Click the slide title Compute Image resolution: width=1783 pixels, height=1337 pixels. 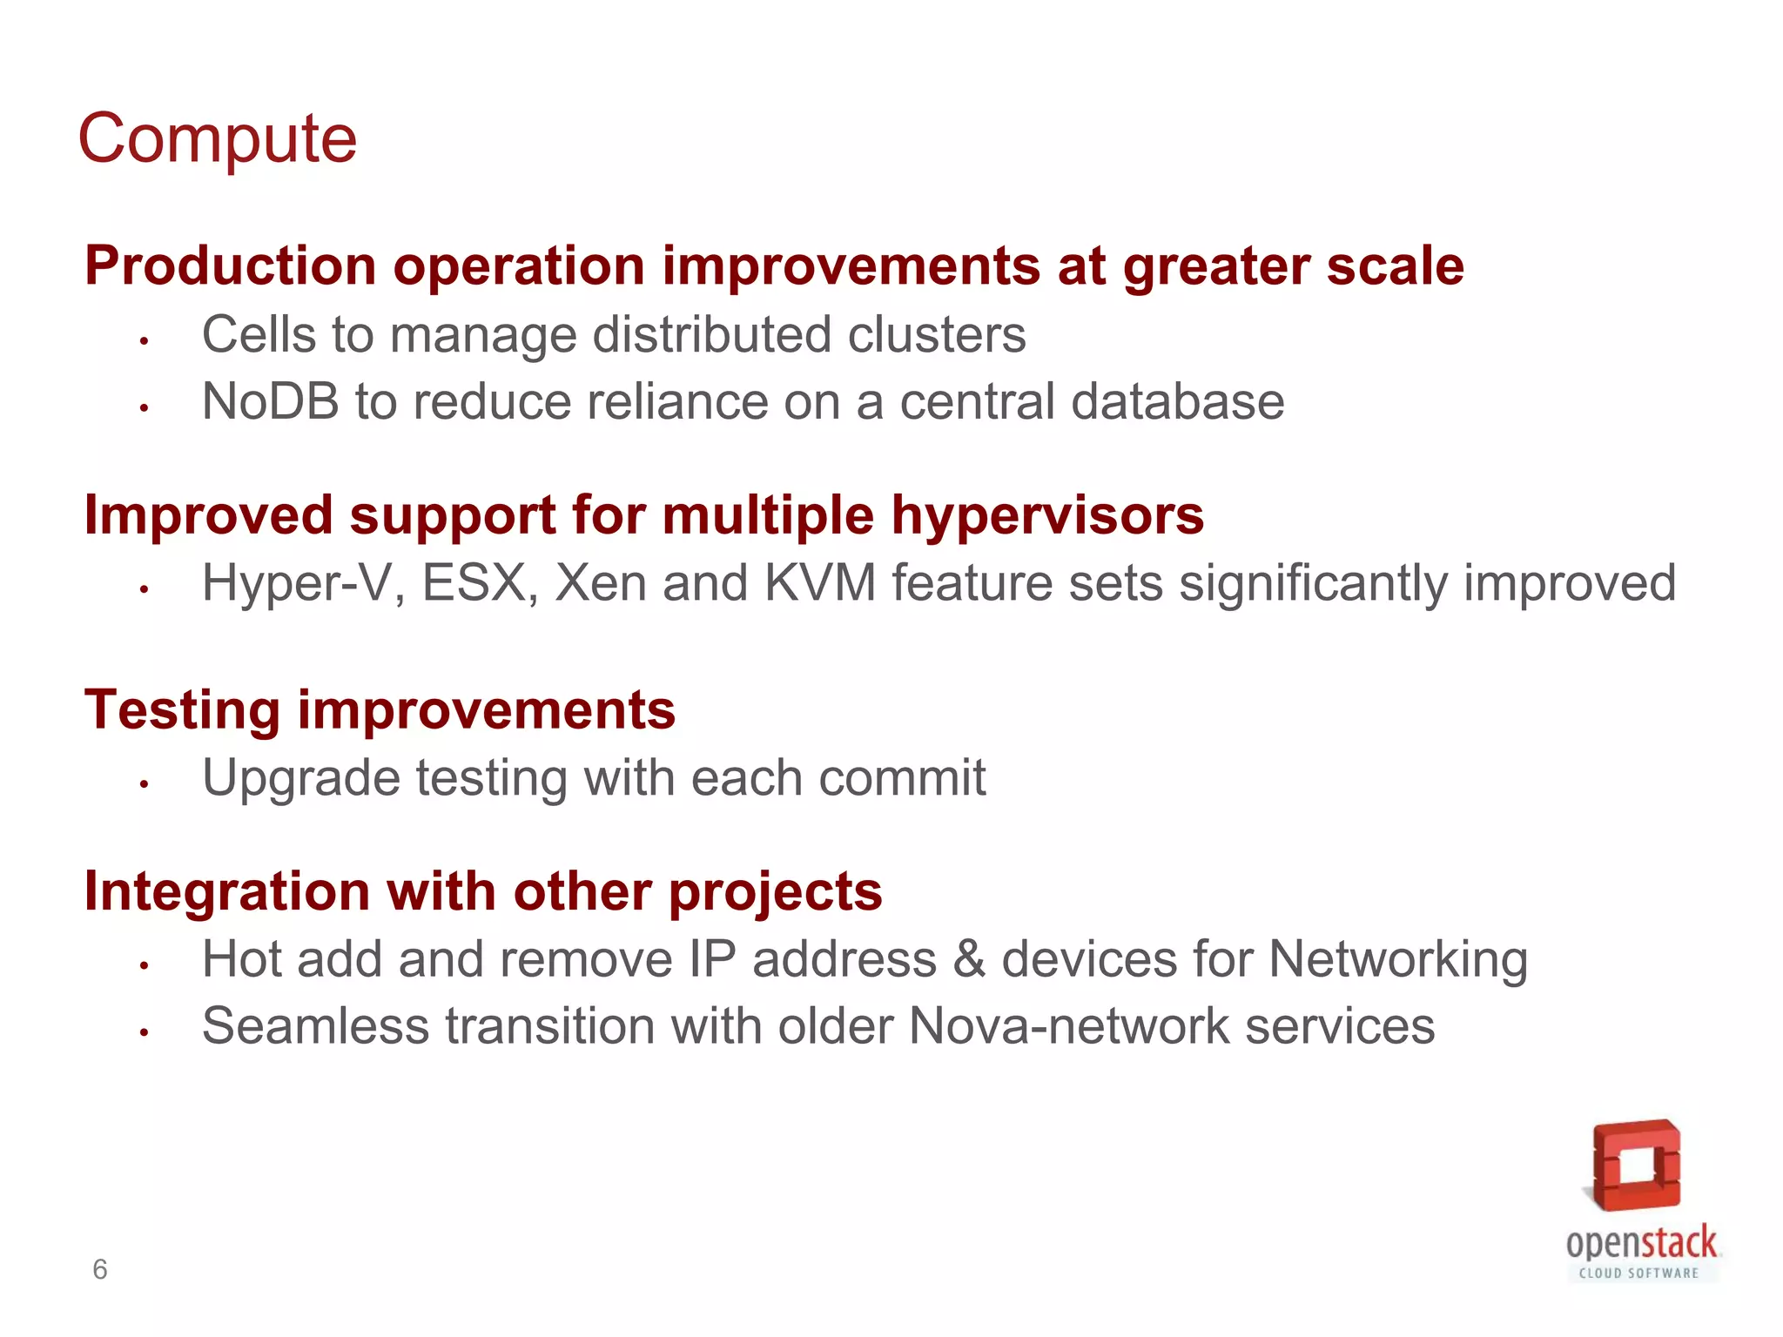tap(218, 139)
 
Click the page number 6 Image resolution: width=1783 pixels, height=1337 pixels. tap(100, 1270)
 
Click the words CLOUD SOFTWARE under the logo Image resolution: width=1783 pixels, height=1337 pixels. tap(1639, 1273)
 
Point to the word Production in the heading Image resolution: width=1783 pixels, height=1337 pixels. tap(230, 265)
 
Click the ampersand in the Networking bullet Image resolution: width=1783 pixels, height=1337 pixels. tap(969, 959)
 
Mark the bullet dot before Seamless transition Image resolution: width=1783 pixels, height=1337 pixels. tap(145, 1032)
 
